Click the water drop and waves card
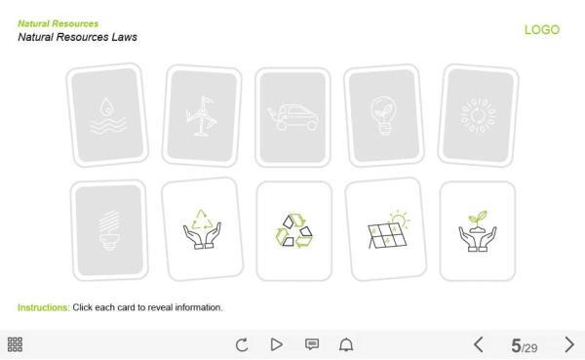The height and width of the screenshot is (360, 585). tap(106, 116)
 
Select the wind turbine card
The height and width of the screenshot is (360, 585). tap(200, 116)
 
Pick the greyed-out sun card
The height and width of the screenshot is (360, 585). tap(478, 115)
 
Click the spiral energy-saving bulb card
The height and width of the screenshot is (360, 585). tap(108, 229)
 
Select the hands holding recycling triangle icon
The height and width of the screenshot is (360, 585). tap(201, 229)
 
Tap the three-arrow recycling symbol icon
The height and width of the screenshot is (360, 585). tap(293, 230)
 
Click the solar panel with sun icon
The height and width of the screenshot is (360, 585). tap(385, 229)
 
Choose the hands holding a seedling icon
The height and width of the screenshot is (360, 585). tap(478, 230)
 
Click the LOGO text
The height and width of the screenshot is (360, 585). tap(542, 30)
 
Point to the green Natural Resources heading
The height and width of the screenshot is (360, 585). tap(58, 23)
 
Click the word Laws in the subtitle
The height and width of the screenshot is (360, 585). tap(122, 37)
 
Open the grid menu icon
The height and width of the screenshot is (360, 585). tap(16, 344)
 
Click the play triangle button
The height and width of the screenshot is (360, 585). tap(276, 344)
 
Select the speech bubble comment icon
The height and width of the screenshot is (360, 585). tap(312, 344)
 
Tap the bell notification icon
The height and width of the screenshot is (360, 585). tap(346, 344)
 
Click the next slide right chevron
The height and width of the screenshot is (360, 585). tap(569, 344)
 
